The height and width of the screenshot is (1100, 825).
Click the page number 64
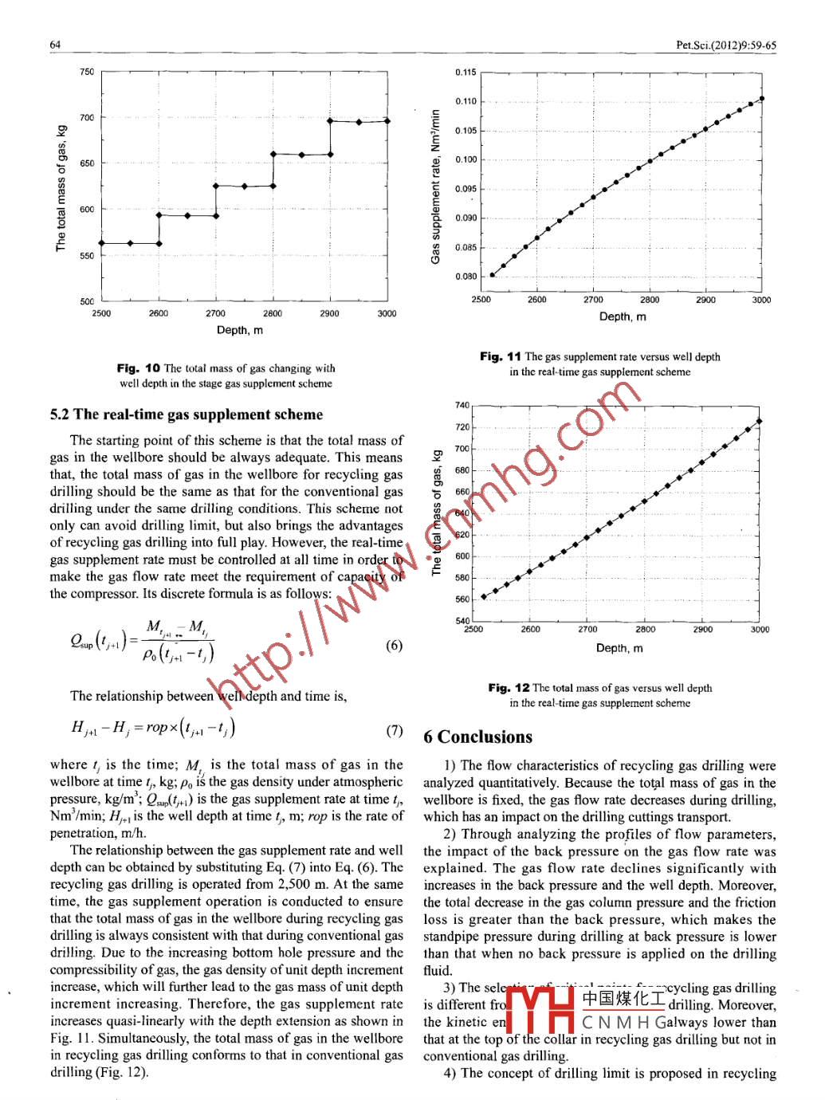coord(55,45)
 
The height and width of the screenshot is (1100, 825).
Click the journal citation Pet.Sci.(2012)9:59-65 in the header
coord(725,45)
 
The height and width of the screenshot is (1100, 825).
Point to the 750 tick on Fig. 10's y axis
coord(86,72)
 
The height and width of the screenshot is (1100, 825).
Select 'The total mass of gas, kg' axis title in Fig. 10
coord(61,188)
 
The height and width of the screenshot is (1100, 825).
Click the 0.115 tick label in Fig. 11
coord(466,73)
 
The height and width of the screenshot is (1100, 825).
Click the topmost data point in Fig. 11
coord(762,99)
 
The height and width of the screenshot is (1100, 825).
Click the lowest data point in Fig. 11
coord(492,275)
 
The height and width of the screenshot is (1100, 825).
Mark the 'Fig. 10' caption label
coord(138,368)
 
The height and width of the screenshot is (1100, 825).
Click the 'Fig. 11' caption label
coord(501,357)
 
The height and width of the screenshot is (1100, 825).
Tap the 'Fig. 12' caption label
coord(509,688)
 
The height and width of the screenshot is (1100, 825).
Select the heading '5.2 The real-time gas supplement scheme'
coord(187,414)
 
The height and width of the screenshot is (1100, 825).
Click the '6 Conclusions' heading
coord(477,737)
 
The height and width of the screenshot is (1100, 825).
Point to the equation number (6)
coord(394,645)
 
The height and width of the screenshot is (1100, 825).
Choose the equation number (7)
coord(394,729)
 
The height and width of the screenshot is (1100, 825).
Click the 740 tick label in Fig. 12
coord(462,406)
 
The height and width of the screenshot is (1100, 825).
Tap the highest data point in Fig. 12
coord(759,421)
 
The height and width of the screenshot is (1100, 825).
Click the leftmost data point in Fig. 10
coord(102,243)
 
